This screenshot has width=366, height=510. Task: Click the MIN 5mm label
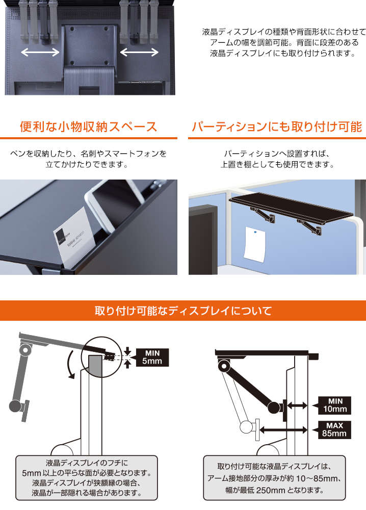(152, 357)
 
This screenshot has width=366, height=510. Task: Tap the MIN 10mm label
(334, 405)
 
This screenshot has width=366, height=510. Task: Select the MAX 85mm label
(334, 429)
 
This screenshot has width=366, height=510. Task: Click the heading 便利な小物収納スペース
(88, 126)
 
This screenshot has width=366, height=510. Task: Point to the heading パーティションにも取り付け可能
(277, 126)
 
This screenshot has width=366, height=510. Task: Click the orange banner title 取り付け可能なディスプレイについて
(183, 311)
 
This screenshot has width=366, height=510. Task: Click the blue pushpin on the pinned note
(256, 232)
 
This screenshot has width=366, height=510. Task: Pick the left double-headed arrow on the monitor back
(40, 52)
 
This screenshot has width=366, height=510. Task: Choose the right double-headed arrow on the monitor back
(139, 52)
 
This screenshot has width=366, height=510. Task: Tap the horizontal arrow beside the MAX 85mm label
(283, 430)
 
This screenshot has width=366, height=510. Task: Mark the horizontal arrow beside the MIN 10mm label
(297, 405)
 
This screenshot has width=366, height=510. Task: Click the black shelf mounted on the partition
(291, 208)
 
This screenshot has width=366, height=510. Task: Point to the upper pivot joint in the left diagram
(25, 350)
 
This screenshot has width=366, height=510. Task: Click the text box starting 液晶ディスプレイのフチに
(87, 477)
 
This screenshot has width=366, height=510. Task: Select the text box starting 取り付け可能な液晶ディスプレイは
(274, 477)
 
